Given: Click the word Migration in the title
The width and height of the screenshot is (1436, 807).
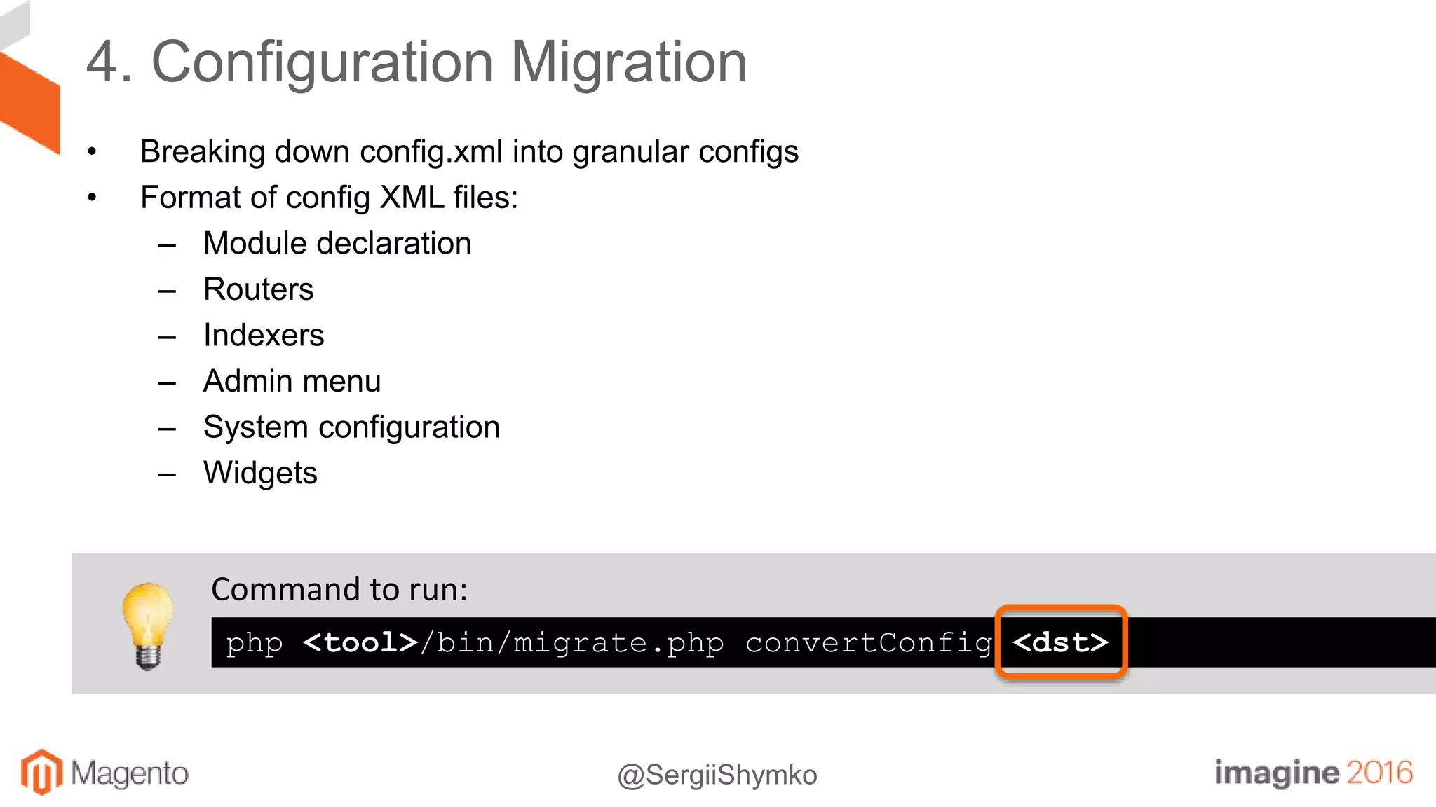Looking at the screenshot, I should (628, 63).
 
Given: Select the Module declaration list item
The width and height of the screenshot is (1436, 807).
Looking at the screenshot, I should (337, 244).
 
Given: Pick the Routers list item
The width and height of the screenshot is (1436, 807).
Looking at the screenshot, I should (258, 289).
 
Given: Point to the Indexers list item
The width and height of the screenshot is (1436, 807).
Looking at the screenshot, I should (264, 336).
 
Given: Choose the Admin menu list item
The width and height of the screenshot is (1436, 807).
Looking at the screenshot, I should (292, 381).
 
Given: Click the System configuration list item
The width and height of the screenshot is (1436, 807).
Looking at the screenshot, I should (351, 427).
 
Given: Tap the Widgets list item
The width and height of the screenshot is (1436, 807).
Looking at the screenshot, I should (260, 474).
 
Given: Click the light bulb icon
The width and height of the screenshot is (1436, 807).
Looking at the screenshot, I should (147, 625).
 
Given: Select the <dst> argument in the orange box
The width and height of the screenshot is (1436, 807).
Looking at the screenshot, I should (1060, 642).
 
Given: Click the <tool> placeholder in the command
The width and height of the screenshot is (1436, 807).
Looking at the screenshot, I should (360, 642).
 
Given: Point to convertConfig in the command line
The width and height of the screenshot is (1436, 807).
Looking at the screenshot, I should (869, 642).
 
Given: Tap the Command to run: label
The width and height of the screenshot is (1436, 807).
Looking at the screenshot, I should (339, 590).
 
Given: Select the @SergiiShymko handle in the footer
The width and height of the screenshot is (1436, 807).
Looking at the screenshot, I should (717, 775).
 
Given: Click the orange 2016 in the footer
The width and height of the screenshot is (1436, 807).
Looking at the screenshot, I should (1379, 772).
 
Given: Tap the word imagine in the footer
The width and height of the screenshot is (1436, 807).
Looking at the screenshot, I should (1276, 772).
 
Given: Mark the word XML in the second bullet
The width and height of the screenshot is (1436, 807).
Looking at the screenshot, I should (412, 198).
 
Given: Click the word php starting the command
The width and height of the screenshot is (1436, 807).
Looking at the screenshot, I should (255, 642).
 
